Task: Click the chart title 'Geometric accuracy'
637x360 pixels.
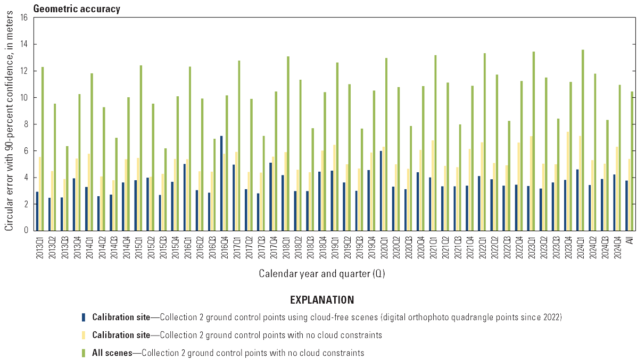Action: point(77,9)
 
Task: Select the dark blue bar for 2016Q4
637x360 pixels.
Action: point(221,183)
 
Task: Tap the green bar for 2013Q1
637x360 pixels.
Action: point(43,148)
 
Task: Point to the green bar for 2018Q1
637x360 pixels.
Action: point(288,143)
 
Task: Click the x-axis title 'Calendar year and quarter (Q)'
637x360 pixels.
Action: point(322,274)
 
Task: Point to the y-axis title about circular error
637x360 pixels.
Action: point(10,124)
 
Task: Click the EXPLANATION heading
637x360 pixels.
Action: point(322,300)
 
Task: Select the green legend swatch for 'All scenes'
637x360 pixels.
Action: point(83,353)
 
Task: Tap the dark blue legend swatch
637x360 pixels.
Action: point(83,317)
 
